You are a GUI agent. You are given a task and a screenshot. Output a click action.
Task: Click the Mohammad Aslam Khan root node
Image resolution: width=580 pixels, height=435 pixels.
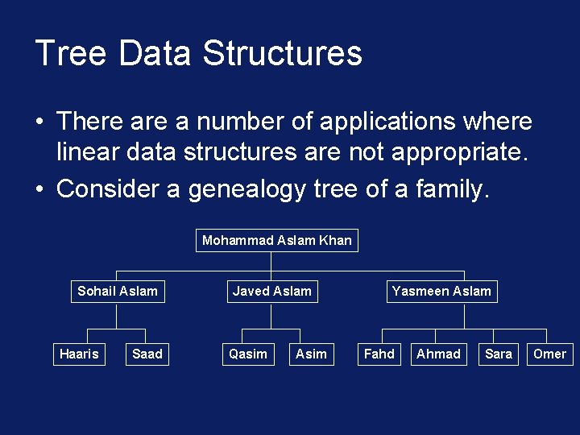pyautogui.click(x=276, y=240)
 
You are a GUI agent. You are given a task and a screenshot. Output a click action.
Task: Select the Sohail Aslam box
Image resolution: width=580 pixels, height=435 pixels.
pyautogui.click(x=118, y=291)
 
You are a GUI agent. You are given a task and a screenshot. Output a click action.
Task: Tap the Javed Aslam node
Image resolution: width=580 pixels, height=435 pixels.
pyautogui.click(x=271, y=291)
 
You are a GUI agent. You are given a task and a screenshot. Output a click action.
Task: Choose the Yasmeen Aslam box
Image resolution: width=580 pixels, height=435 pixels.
pyautogui.click(x=441, y=291)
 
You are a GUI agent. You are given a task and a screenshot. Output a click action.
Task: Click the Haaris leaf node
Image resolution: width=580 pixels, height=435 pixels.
pyautogui.click(x=79, y=354)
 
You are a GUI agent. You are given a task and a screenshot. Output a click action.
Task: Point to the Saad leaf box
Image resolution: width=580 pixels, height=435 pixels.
pyautogui.click(x=147, y=354)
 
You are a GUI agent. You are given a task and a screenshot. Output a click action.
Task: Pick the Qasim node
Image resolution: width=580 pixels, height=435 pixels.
pyautogui.click(x=248, y=354)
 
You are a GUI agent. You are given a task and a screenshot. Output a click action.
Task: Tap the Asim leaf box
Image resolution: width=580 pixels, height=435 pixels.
pyautogui.click(x=311, y=354)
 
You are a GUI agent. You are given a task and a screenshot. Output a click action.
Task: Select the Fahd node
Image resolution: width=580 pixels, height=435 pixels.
pyautogui.click(x=379, y=354)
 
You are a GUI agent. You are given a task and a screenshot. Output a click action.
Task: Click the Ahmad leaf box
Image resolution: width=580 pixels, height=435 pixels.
pyautogui.click(x=438, y=354)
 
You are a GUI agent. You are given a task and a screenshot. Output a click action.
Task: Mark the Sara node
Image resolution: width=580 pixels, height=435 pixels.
pyautogui.click(x=499, y=354)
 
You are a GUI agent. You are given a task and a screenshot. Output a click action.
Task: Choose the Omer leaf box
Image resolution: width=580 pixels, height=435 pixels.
pyautogui.click(x=549, y=354)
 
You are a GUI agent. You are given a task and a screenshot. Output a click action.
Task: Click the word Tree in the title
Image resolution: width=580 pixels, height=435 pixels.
pyautogui.click(x=71, y=53)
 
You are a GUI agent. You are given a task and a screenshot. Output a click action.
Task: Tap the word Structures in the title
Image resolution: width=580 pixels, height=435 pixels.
pyautogui.click(x=283, y=53)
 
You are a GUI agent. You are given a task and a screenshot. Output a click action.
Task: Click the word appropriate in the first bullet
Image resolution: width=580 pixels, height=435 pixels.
pyautogui.click(x=453, y=152)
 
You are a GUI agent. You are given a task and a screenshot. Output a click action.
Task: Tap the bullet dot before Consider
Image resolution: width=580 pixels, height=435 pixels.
pyautogui.click(x=39, y=190)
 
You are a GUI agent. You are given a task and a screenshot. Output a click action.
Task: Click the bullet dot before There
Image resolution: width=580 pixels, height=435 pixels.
pyautogui.click(x=39, y=122)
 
